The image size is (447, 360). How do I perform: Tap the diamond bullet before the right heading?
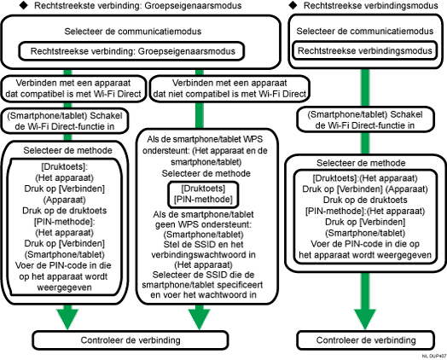(x=294, y=7)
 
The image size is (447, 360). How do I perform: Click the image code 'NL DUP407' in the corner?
(x=432, y=354)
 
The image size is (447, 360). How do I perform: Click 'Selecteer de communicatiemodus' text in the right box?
(x=364, y=32)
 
